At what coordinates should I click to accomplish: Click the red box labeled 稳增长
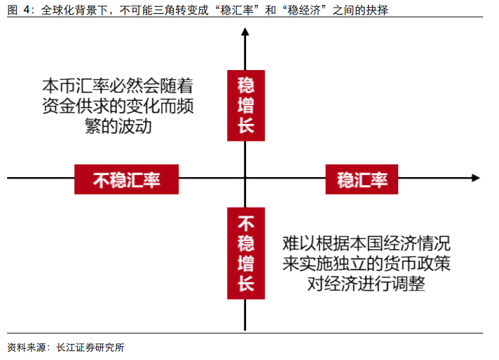click(x=245, y=105)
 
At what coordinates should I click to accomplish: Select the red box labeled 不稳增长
click(x=245, y=254)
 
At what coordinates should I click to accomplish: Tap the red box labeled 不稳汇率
click(x=127, y=179)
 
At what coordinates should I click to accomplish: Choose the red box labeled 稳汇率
click(x=362, y=179)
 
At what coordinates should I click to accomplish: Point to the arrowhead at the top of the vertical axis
click(x=245, y=32)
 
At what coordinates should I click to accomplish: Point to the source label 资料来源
click(x=26, y=347)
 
